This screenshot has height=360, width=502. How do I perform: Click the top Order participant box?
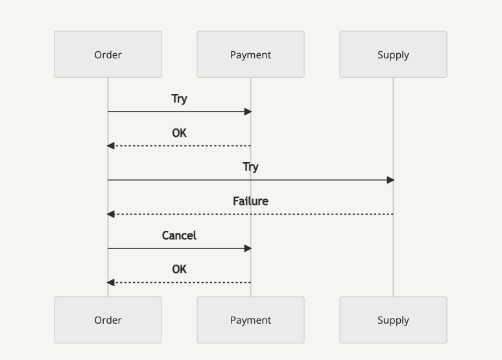[x=108, y=54]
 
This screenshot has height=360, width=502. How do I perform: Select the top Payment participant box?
[x=251, y=54]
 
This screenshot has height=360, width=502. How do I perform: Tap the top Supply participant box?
[x=393, y=54]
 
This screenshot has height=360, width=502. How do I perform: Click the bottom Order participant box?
[x=108, y=320]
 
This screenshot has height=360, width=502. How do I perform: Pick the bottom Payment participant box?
[x=251, y=320]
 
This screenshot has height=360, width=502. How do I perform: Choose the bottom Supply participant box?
[x=393, y=320]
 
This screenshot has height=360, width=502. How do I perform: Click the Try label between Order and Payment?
[x=179, y=99]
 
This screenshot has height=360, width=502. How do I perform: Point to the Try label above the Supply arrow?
[x=251, y=167]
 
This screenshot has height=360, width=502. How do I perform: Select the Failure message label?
[x=251, y=201]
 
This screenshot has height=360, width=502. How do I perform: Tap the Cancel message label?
[x=179, y=235]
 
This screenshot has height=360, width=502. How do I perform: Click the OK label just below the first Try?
[x=179, y=133]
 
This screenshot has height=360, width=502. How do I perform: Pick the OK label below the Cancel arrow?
[x=179, y=269]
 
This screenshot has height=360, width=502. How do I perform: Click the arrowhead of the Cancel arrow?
[x=248, y=248]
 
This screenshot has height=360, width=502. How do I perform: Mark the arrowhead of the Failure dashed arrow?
[x=110, y=214]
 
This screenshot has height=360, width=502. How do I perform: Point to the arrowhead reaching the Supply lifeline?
[x=391, y=180]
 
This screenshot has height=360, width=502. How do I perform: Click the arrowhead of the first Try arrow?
[x=248, y=112]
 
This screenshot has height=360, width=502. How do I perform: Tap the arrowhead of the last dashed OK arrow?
[x=110, y=283]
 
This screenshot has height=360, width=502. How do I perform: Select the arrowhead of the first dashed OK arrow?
[x=110, y=146]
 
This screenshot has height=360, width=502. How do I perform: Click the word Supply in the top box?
[x=393, y=55]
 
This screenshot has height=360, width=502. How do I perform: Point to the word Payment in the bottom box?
[x=251, y=320]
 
